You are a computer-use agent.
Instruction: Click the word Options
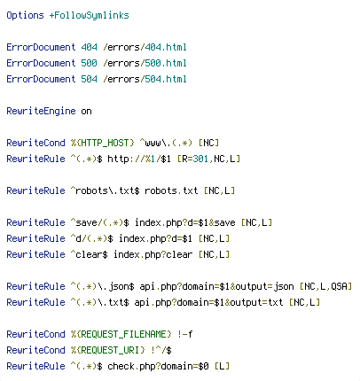coord(25,15)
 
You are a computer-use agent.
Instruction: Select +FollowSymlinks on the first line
coord(89,15)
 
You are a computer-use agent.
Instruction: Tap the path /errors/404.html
coord(145,47)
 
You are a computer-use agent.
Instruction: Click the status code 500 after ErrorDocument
coord(89,63)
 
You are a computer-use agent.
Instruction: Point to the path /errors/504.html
coord(145,79)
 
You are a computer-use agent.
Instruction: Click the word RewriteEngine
coord(41,111)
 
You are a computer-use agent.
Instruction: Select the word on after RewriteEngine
coord(86,112)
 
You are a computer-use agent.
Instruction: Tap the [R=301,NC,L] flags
coord(208,159)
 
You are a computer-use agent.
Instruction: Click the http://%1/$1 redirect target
coord(139,159)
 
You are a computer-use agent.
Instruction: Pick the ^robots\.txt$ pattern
coord(105,190)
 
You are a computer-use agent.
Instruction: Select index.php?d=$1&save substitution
coord(185,222)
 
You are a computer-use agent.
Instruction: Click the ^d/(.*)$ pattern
coord(91,238)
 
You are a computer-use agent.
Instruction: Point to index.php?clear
coord(153,254)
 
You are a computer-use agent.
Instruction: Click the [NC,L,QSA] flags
coord(325,286)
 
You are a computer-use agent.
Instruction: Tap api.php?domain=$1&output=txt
coord(208,302)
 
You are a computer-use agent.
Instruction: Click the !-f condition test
coord(185,334)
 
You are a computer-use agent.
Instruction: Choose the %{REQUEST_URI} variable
coord(108,350)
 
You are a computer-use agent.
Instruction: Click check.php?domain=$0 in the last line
coord(158,366)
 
